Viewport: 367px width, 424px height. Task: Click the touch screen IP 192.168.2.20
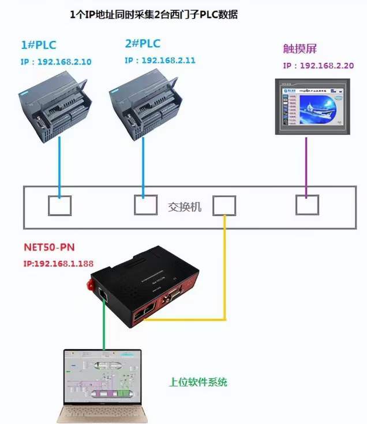[318, 66]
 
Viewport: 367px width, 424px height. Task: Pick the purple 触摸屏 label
[299, 48]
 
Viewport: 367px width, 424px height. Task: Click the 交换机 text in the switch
[185, 206]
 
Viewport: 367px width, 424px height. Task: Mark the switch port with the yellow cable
[224, 206]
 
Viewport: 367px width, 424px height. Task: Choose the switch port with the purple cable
[306, 205]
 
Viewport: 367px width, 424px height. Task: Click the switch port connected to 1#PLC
[59, 206]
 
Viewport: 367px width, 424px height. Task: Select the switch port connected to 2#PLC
[145, 205]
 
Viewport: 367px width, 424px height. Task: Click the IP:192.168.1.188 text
[59, 264]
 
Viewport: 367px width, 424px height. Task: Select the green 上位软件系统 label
[198, 381]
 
